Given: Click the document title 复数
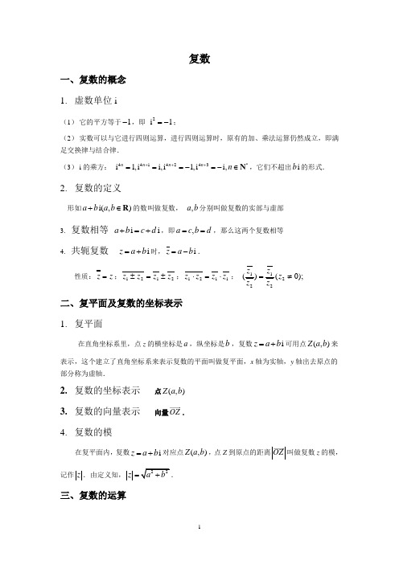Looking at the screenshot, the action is (199, 59).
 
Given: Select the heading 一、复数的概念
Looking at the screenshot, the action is (93, 80).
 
